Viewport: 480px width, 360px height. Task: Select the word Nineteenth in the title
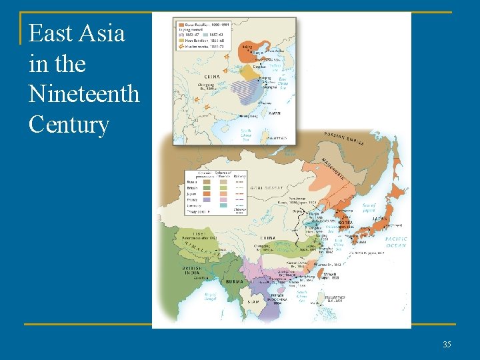[84, 94]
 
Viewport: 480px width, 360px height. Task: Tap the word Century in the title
[69, 124]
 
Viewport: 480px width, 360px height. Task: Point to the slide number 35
[447, 344]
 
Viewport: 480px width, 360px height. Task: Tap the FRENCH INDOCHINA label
[280, 298]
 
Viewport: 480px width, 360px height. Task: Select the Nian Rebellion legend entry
[203, 41]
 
